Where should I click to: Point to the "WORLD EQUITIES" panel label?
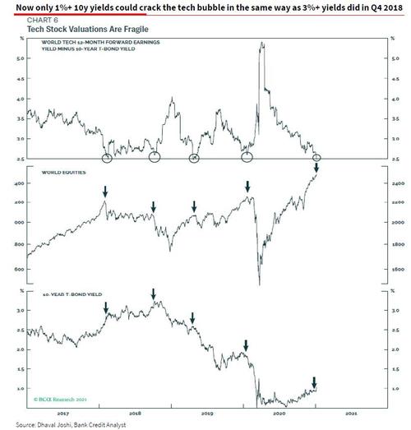tap(54, 173)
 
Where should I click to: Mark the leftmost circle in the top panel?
tap(107, 157)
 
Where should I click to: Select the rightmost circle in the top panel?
tap(318, 157)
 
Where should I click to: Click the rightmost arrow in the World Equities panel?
tap(318, 169)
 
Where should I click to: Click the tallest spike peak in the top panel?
tap(261, 44)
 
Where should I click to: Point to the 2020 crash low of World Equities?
tap(260, 284)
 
